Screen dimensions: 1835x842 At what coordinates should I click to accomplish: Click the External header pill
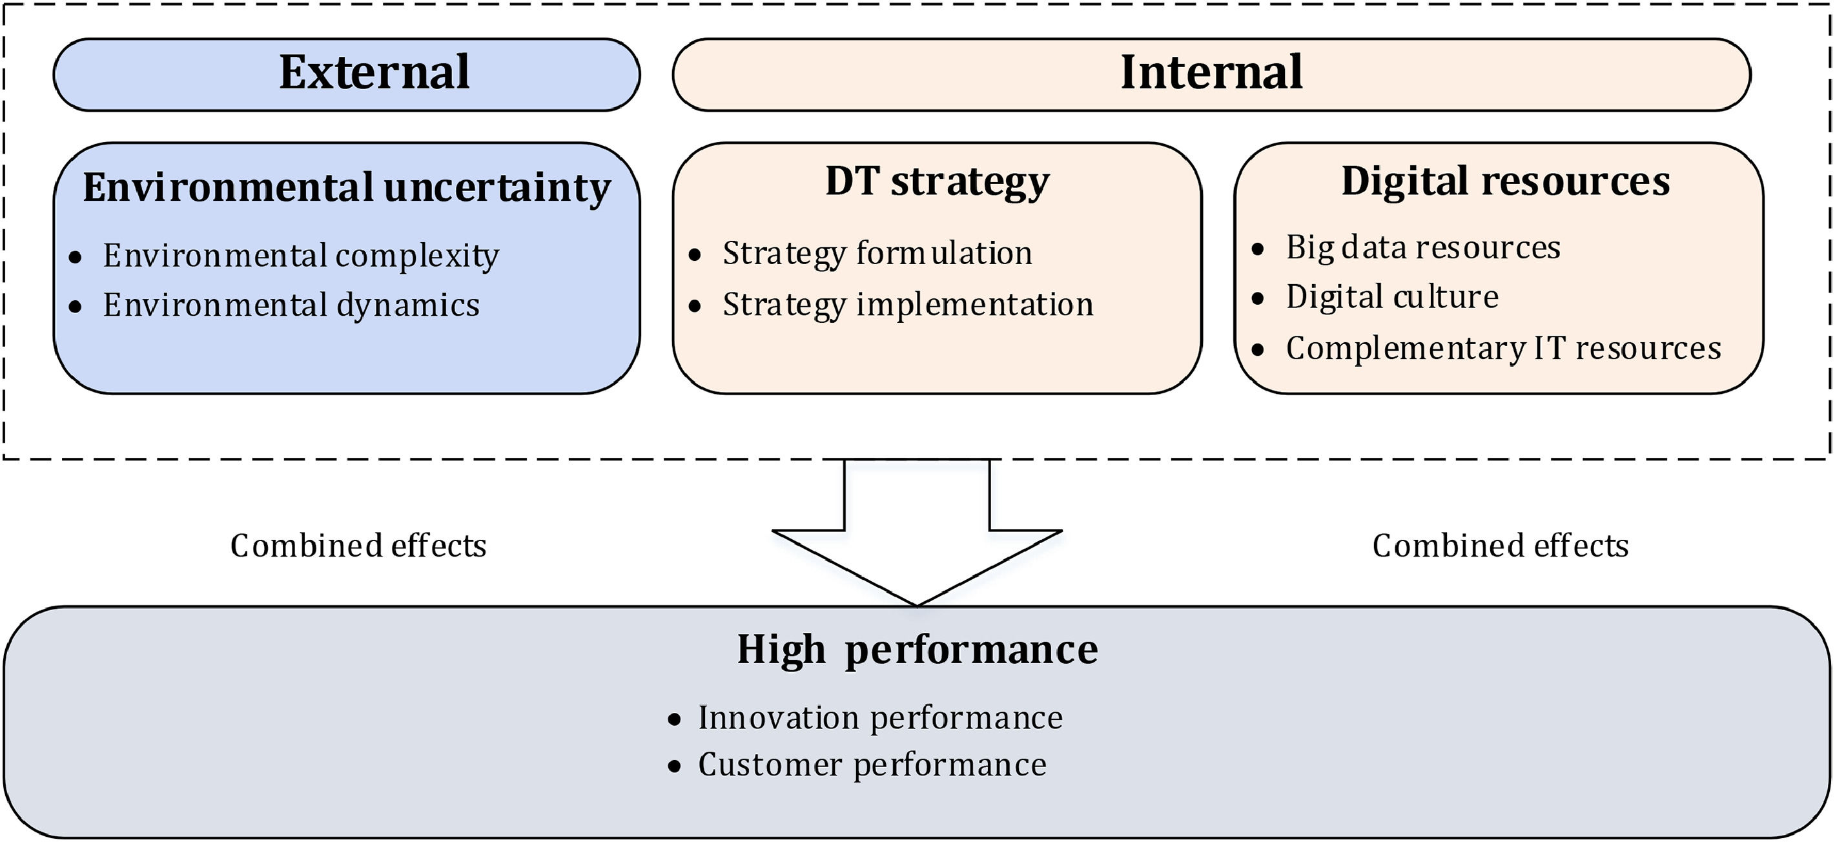tap(347, 75)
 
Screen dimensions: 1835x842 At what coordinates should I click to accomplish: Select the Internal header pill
tap(1212, 75)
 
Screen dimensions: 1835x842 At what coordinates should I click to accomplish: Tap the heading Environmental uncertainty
tap(347, 188)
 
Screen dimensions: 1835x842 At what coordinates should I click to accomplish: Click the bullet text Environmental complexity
tap(301, 256)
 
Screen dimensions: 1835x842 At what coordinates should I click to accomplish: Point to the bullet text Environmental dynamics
tap(291, 305)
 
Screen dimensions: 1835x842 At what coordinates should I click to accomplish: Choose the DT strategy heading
tap(938, 182)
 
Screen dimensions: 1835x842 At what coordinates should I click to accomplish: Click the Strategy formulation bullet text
tap(877, 254)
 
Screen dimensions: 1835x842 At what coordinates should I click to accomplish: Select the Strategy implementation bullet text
tap(908, 305)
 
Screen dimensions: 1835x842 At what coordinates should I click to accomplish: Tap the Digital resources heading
tap(1506, 182)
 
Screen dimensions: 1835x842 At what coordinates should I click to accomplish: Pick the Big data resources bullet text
tap(1423, 248)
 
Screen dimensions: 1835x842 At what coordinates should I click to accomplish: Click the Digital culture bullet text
tap(1393, 296)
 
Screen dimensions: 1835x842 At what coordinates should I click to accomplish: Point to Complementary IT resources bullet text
tap(1504, 348)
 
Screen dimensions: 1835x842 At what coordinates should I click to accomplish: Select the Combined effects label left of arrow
tap(358, 546)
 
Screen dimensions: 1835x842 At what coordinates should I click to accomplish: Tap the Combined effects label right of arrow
tap(1501, 546)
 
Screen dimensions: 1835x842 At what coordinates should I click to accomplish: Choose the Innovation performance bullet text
tap(881, 718)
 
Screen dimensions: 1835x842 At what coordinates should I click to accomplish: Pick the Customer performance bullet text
tap(872, 765)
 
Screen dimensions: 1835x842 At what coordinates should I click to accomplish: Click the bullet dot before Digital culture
tap(1258, 298)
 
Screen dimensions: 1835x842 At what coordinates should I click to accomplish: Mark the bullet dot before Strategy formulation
tap(695, 255)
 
